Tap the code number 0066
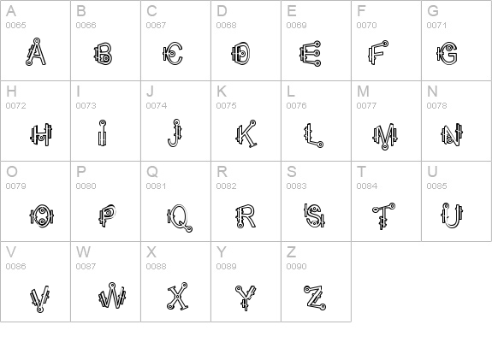(x=86, y=26)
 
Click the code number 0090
(x=297, y=267)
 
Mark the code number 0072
(x=16, y=106)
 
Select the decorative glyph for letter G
(x=445, y=55)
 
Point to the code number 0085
(x=437, y=186)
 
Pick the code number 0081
(x=157, y=186)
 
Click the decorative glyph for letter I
(x=102, y=133)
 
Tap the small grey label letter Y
(x=222, y=252)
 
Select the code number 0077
(x=367, y=106)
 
